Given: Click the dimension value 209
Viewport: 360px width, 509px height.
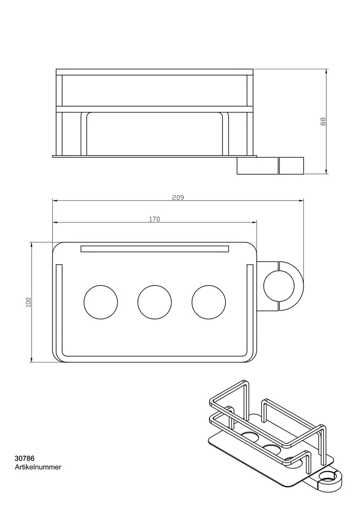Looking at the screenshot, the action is [x=178, y=197].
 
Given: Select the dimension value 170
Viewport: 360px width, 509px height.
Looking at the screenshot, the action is [x=155, y=219].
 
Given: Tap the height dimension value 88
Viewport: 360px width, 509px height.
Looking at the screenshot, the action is [x=323, y=121].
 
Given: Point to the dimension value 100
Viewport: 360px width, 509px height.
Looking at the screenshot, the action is [x=29, y=302].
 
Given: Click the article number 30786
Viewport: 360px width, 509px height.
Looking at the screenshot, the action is [x=24, y=459].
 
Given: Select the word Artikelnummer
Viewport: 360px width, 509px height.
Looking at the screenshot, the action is [x=38, y=467].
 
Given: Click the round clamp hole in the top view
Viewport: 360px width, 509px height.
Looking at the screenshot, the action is [x=279, y=286].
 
